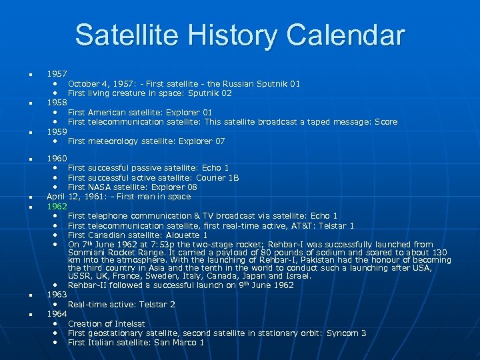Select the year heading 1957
[x=57, y=74]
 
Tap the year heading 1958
[x=57, y=103]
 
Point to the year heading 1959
[x=57, y=131]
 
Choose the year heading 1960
[x=57, y=159]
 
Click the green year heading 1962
[x=57, y=207]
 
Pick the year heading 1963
[x=57, y=295]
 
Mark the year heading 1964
[x=57, y=314]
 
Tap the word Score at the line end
[x=386, y=122]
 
